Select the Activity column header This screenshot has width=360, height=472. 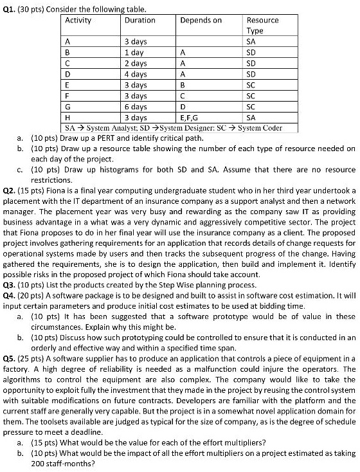(78, 20)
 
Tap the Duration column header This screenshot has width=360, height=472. (139, 20)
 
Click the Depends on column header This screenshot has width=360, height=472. (201, 20)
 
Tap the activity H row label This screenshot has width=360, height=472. (68, 118)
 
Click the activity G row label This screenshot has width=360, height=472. (68, 107)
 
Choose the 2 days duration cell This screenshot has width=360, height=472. (135, 63)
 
